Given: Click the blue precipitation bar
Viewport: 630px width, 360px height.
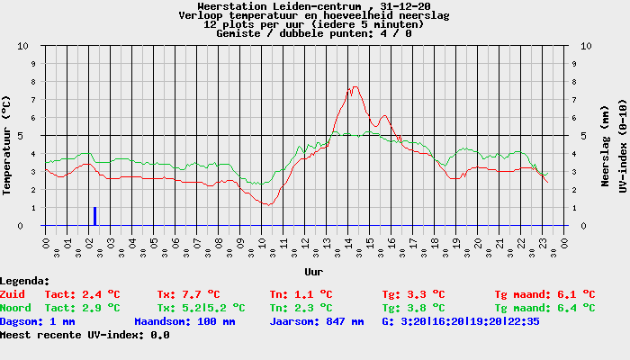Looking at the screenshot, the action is click(94, 216).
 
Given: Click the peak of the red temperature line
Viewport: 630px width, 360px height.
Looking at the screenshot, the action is click(355, 86).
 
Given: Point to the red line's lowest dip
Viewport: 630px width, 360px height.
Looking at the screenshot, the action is click(268, 205).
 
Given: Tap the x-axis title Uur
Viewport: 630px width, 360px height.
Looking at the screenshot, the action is click(314, 272).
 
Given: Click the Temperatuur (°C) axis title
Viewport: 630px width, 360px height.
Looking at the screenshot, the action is click(6, 146).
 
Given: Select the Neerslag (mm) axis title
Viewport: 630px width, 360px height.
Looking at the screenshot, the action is click(605, 146).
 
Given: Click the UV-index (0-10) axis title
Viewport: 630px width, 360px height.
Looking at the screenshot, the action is click(623, 146).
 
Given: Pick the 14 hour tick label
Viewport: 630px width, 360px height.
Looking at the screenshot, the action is click(348, 243).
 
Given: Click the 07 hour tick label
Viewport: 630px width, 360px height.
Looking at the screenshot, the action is click(197, 243).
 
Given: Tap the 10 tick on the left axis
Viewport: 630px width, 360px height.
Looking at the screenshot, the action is click(22, 46).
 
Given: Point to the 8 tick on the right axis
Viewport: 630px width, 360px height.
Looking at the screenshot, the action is click(574, 82).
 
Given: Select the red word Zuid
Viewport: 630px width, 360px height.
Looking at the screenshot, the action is click(13, 294).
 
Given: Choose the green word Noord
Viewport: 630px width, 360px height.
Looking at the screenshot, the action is click(15, 308).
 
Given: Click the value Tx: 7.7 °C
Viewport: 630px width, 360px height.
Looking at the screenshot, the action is click(188, 294).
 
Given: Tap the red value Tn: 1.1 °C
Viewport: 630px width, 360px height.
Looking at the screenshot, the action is click(301, 294).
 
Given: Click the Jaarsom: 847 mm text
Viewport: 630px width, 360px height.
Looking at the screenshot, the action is click(317, 322).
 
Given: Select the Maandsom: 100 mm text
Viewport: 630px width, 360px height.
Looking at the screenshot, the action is click(184, 322).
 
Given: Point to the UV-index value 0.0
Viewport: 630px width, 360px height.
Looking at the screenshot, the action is click(160, 335).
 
